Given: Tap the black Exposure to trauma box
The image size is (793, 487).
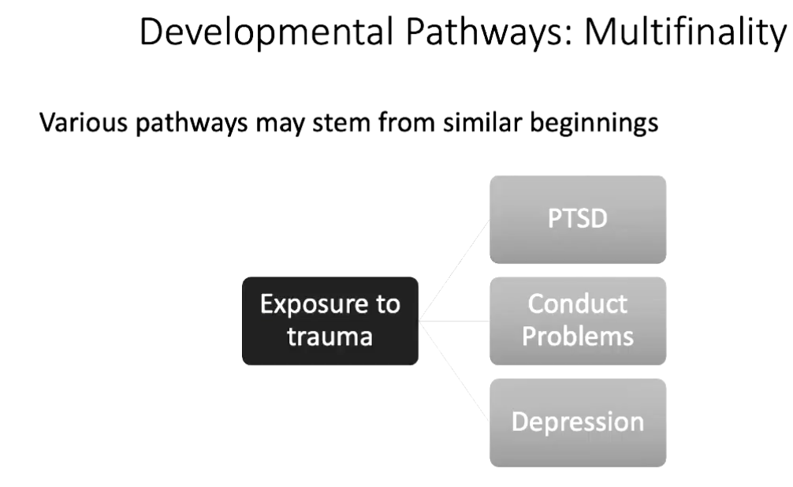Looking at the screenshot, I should tap(329, 321).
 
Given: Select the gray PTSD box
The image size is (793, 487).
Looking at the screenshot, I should tap(578, 219).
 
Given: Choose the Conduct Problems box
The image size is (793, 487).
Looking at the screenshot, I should tap(578, 321).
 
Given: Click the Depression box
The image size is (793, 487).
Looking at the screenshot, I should tap(578, 422).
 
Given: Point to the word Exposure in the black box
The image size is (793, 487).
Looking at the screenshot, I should tap(329, 305).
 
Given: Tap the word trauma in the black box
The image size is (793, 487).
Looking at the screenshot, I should tap(329, 336).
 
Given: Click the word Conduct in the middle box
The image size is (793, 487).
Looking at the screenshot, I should tap(578, 304).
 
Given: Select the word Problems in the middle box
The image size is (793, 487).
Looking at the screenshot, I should tap(578, 336).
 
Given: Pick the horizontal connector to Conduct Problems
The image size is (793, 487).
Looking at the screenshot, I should tap(454, 322).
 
